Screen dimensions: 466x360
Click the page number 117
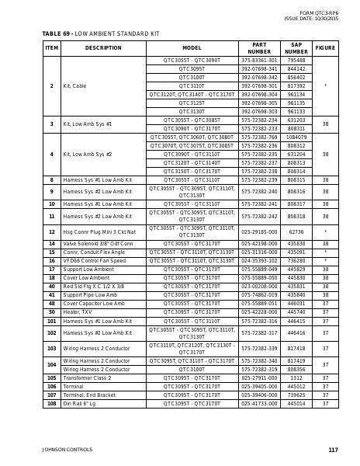tap(333, 450)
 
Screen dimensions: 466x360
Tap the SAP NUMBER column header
tap(296, 47)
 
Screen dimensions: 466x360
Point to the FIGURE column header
tap(325, 47)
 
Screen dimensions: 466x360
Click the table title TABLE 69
tap(56, 33)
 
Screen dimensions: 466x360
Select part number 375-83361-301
tap(259, 60)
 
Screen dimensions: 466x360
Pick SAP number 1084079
tap(296, 137)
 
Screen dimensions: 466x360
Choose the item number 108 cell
tap(51, 404)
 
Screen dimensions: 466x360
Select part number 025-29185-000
tap(259, 231)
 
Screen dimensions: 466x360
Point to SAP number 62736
tap(296, 231)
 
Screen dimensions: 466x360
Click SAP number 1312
tap(296, 378)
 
